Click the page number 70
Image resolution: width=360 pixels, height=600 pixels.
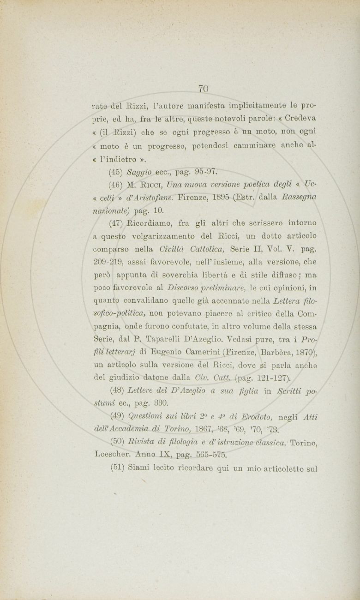pos(204,88)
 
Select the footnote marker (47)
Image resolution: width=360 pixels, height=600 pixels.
pos(115,223)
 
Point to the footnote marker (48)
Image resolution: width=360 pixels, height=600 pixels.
pos(115,392)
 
